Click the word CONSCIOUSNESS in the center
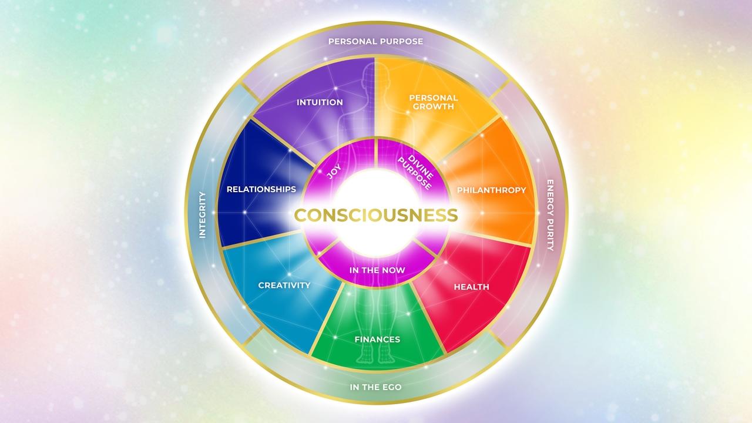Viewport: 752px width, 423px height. [x=375, y=215]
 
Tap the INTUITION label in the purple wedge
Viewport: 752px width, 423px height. [x=320, y=102]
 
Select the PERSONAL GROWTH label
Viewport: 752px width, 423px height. [x=434, y=102]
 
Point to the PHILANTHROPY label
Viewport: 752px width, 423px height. [x=491, y=190]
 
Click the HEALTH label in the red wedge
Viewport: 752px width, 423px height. [x=471, y=287]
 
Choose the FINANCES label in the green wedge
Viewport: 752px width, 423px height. [x=377, y=340]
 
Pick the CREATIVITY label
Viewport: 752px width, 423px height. [x=284, y=286]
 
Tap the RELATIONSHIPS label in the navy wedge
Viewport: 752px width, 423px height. [x=261, y=189]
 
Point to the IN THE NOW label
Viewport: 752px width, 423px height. [x=377, y=271]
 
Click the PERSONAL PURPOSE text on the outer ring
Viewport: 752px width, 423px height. [x=375, y=42]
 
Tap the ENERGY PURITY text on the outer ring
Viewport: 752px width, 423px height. [x=550, y=215]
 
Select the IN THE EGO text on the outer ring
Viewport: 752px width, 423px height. [x=375, y=388]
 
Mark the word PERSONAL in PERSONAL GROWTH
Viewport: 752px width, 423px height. [x=434, y=98]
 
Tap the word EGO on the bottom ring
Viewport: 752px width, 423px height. [x=391, y=388]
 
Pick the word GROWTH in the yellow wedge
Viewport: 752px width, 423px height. [x=434, y=107]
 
